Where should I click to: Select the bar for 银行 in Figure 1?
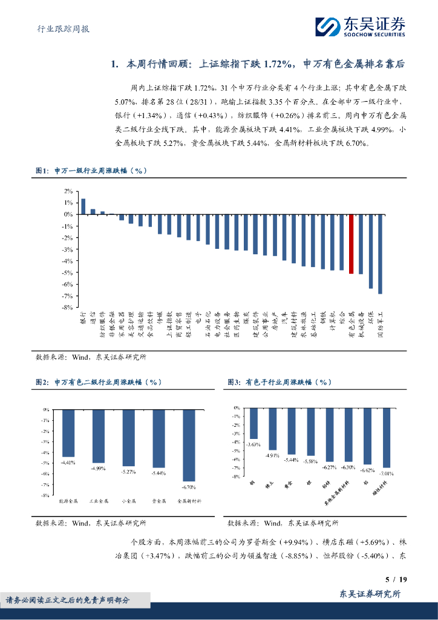83,206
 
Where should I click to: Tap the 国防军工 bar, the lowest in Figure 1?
380,254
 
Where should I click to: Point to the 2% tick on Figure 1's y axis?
68,191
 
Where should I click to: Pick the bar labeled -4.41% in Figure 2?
68,433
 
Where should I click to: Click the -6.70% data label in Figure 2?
189,486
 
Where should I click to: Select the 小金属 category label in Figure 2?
129,502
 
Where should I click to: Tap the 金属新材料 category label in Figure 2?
189,502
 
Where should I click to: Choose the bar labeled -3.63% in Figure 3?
253,423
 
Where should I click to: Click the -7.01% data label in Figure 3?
386,473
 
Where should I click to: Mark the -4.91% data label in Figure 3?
273,455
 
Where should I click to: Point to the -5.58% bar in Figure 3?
310,432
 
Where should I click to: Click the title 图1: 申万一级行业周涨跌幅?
91,171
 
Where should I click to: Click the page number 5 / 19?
396,579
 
